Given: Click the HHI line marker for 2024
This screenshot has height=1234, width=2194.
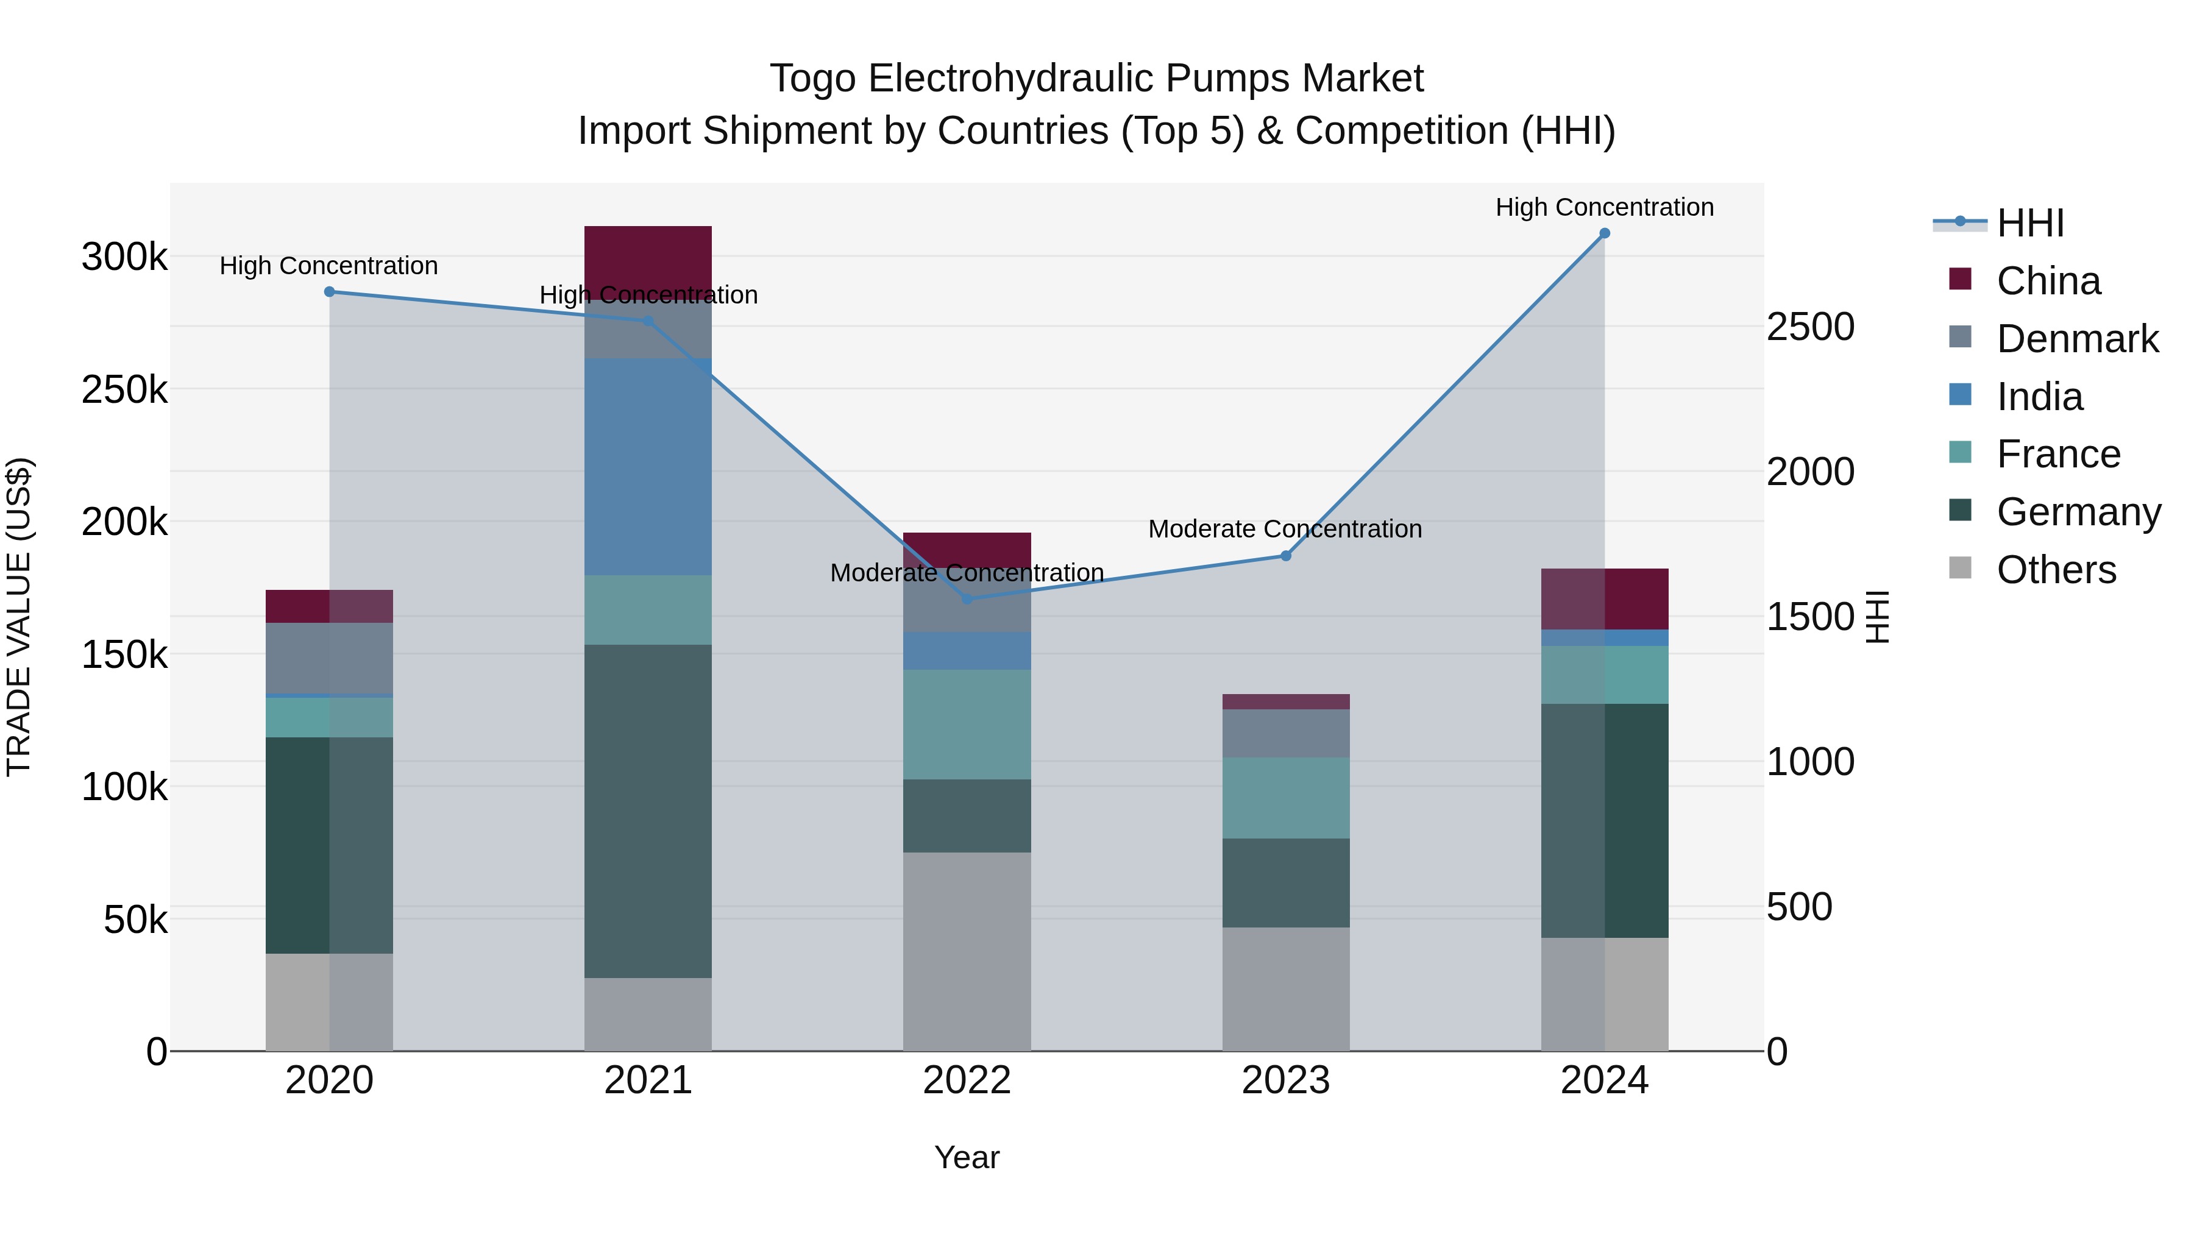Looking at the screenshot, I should pyautogui.click(x=1604, y=233).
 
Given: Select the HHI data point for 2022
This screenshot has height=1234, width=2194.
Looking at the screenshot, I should pyautogui.click(x=967, y=598).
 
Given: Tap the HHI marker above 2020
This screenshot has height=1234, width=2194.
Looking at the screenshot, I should pyautogui.click(x=330, y=292).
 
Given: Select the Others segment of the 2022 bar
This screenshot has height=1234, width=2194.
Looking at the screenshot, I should pyautogui.click(x=967, y=951).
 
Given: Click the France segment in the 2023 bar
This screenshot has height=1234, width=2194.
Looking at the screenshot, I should pyautogui.click(x=1285, y=798).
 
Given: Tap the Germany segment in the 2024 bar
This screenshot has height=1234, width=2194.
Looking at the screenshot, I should pyautogui.click(x=1604, y=820).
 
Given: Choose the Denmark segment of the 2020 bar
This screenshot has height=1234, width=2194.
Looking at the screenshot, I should pyautogui.click(x=330, y=658).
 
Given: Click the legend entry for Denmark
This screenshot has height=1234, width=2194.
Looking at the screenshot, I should pyautogui.click(x=2076, y=339).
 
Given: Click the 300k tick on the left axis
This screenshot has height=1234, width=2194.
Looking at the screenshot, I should pyautogui.click(x=124, y=257).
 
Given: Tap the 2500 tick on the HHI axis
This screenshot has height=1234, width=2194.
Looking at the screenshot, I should pyautogui.click(x=1810, y=327).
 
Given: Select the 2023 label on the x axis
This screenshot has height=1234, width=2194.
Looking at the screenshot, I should pyautogui.click(x=1285, y=1080).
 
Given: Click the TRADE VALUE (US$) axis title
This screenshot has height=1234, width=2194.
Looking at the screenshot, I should pyautogui.click(x=19, y=617).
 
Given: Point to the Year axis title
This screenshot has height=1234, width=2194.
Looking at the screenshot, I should pyautogui.click(x=967, y=1157).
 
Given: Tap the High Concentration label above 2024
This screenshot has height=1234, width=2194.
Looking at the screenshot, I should pyautogui.click(x=1604, y=207).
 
